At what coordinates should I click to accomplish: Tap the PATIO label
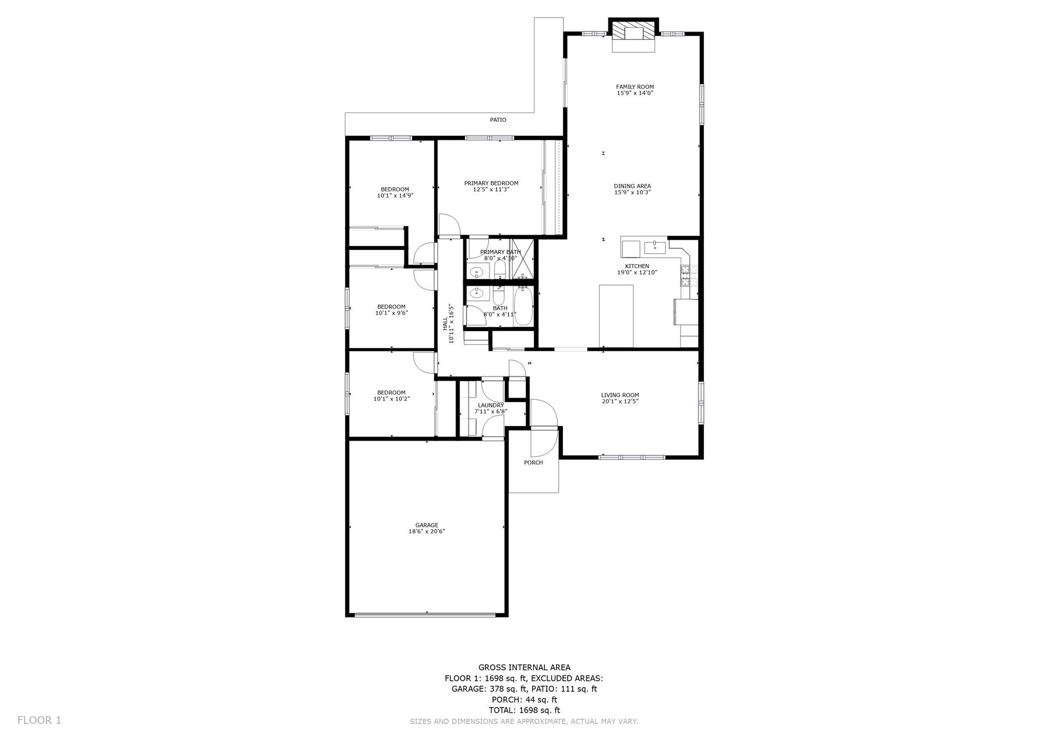[498, 120]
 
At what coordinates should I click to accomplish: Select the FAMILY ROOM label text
[635, 87]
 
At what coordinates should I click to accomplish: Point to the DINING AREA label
[632, 186]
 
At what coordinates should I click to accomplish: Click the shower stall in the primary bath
[522, 259]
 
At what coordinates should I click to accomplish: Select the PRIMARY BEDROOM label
[491, 183]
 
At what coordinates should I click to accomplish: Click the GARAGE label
[427, 525]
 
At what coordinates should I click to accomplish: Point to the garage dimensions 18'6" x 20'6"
[427, 532]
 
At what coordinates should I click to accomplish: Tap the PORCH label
[533, 463]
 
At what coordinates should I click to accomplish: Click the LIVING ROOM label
[620, 395]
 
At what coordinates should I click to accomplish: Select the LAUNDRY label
[491, 405]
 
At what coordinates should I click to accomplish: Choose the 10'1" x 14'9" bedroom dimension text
[395, 196]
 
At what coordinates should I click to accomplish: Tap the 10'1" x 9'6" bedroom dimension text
[392, 313]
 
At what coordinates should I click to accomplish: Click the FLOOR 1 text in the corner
[39, 720]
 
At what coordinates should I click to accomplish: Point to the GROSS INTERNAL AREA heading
[524, 667]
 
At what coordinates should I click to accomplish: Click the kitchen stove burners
[685, 275]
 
